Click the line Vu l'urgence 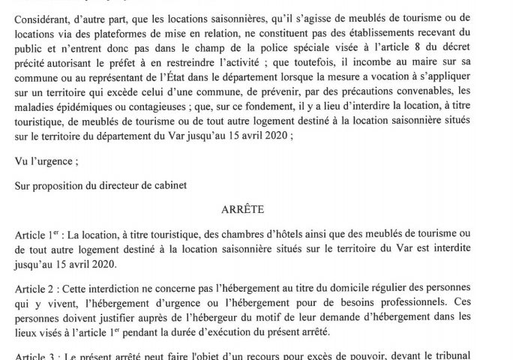click(x=46, y=159)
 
